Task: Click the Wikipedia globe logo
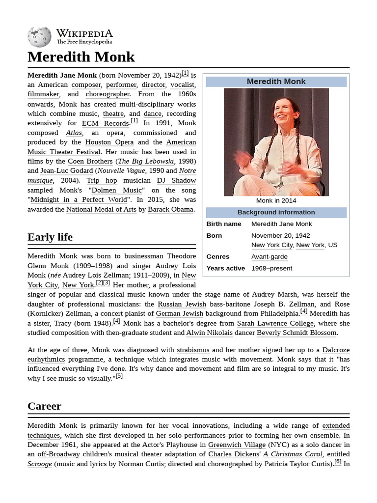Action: coord(39,37)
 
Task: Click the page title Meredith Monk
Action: coord(81,57)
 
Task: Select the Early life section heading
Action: coord(50,237)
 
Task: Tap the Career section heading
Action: coord(44,406)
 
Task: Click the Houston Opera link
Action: coord(109,142)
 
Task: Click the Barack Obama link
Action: coord(171,210)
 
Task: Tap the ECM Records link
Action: coord(105,123)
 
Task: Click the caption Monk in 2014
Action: coord(276,200)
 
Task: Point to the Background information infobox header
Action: coord(276,212)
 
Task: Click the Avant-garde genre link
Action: coord(269,256)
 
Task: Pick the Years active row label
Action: coord(225,268)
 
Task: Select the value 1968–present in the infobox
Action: coord(271,268)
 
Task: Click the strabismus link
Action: coord(193,350)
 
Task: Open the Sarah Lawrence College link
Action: coord(275,323)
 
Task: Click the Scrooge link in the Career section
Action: coord(40,464)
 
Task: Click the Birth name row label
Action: coord(224,224)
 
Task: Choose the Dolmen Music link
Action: coord(116,191)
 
